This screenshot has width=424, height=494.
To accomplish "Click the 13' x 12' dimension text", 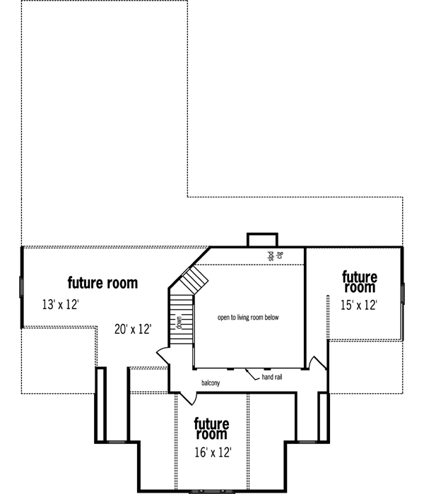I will tap(60, 305).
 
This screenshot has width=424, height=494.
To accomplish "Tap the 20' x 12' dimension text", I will tap(133, 329).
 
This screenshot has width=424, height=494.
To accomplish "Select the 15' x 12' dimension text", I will tap(359, 305).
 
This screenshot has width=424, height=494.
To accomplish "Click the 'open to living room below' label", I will tap(248, 318).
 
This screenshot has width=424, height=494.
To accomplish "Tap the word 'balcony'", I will tap(210, 383).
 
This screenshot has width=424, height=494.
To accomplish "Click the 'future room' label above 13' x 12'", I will tap(102, 284).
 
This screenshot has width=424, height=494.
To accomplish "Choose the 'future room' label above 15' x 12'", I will tap(359, 282).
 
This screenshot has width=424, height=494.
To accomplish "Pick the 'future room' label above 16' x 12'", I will tap(211, 428).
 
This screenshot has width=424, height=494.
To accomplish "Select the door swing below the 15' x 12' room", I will tap(319, 363).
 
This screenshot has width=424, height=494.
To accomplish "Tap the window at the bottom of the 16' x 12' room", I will tap(211, 490).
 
